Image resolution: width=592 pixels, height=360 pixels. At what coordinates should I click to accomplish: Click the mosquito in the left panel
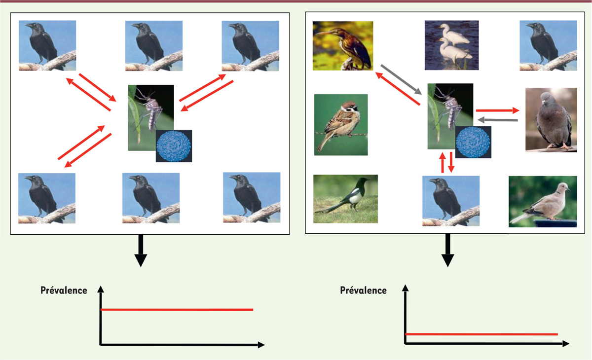151,117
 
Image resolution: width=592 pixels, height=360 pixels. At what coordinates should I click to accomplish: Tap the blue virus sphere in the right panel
473,142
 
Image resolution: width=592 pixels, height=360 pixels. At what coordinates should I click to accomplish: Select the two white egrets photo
452,45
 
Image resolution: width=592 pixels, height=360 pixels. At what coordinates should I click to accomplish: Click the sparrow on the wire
341,125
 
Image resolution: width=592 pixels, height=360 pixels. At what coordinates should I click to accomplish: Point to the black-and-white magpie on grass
345,199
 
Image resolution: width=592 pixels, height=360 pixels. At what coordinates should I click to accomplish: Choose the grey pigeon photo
551,120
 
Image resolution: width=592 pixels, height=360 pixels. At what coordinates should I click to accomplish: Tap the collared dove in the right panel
543,202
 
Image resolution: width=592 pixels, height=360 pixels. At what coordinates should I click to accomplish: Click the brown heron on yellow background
343,46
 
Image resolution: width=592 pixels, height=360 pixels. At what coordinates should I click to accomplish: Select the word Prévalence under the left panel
64,290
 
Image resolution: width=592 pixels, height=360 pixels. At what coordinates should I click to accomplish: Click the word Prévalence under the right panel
363,290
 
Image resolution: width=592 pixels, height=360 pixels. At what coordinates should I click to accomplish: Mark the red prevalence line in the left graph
177,310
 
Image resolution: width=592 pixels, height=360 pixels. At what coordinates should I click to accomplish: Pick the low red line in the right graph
481,334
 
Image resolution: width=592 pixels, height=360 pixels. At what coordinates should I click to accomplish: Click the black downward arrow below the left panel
141,251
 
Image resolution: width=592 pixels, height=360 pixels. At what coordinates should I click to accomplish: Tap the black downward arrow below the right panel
447,251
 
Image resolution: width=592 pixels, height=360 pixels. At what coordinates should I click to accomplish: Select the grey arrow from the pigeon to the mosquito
497,120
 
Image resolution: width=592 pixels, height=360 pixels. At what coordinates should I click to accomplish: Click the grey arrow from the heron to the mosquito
401,79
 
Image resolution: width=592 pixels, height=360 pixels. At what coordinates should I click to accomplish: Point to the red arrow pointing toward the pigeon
498,110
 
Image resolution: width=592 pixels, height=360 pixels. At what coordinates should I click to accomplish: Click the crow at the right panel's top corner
548,46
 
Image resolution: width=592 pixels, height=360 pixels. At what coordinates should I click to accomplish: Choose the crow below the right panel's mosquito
451,201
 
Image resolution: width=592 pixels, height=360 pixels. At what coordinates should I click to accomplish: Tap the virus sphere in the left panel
174,146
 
